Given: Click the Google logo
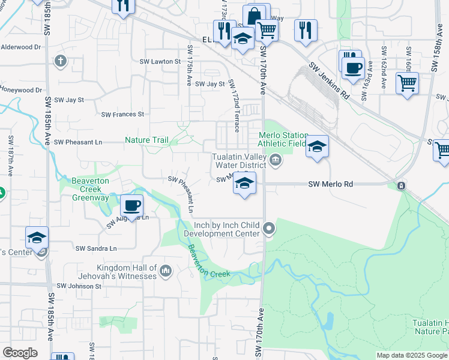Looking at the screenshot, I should coord(20,353).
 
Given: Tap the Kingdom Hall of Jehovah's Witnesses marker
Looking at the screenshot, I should coord(166,272).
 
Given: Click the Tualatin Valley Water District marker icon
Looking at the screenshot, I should coord(276,159).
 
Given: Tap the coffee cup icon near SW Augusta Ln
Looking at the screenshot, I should coord(131,206).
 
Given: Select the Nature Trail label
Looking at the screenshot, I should coord(146,140).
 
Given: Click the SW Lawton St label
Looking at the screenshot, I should coord(160,62).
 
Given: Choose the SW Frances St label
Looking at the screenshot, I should coord(122,114).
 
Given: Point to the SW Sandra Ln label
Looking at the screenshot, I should coord(96,248).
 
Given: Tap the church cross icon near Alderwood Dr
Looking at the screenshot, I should coord(60,61).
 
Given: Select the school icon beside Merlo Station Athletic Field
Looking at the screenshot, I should coord(317,147).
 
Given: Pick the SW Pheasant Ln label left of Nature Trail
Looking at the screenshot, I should coord(78,142).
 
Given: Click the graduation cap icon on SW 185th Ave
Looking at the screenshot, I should coord(37,238).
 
